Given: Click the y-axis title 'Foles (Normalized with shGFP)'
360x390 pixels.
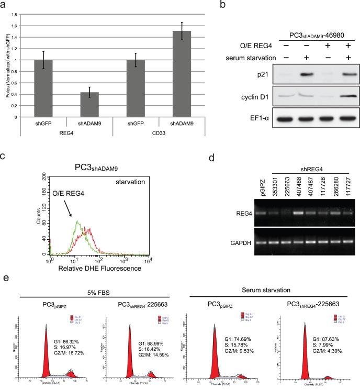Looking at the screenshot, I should tap(7, 59).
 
